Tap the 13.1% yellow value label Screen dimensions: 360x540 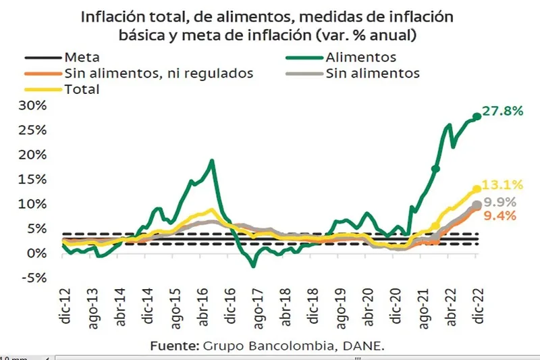tap(504, 184)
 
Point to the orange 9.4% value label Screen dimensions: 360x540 tap(500, 216)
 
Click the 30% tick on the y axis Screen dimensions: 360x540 tap(34, 105)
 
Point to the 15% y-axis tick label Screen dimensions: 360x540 tap(34, 179)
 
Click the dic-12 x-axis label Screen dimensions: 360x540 tap(65, 303)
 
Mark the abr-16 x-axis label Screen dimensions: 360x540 tap(203, 303)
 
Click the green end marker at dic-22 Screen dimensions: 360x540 tap(477, 116)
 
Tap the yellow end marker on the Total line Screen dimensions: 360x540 tap(477, 189)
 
